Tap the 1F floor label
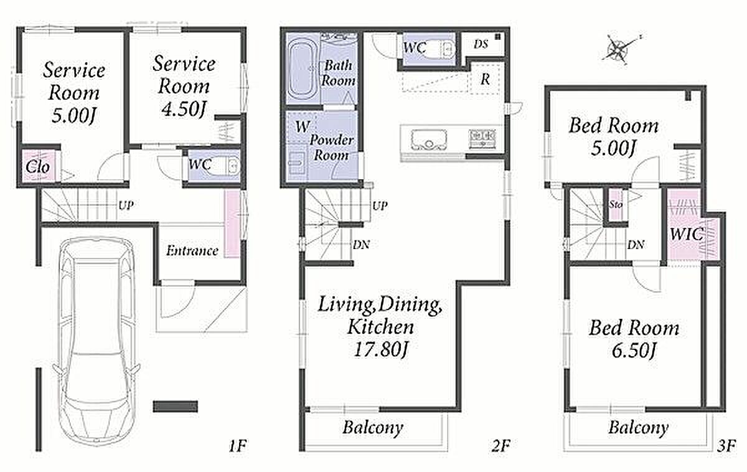pyautogui.click(x=237, y=445)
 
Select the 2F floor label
pyautogui.click(x=500, y=445)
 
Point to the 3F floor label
pyautogui.click(x=726, y=445)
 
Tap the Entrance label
pyautogui.click(x=192, y=250)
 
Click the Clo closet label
pyautogui.click(x=38, y=167)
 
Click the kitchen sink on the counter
pyautogui.click(x=429, y=139)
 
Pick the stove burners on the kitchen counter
pyautogui.click(x=482, y=139)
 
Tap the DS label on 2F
pyautogui.click(x=481, y=44)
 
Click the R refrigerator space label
pyautogui.click(x=485, y=79)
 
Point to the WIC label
pyautogui.click(x=686, y=234)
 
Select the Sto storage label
pyautogui.click(x=616, y=204)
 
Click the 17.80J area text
pyautogui.click(x=380, y=350)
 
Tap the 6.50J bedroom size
pyautogui.click(x=634, y=351)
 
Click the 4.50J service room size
pyautogui.click(x=184, y=108)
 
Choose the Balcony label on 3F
pyautogui.click(x=638, y=428)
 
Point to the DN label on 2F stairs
pyautogui.click(x=361, y=245)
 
